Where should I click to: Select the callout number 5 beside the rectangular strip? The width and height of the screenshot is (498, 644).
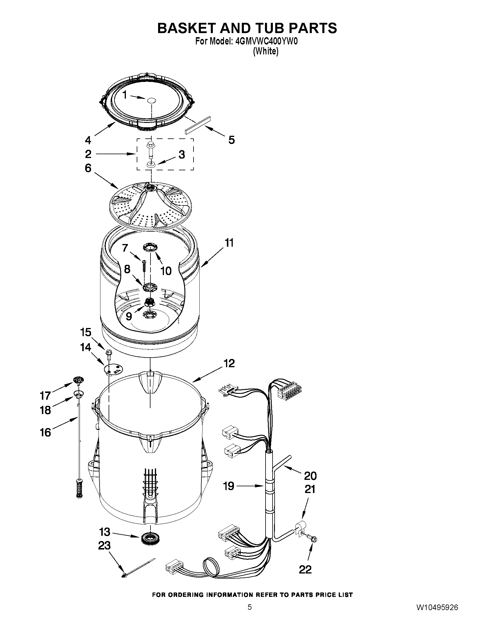[x=231, y=140]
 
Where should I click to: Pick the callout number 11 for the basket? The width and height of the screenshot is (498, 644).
[x=229, y=243]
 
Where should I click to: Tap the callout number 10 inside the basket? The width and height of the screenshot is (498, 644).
[x=166, y=271]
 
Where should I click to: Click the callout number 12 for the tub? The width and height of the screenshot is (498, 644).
[x=229, y=363]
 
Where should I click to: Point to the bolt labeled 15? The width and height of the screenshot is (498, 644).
[x=107, y=353]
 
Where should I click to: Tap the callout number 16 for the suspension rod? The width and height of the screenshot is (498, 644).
[x=45, y=432]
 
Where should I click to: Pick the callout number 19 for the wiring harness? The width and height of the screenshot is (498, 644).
[x=229, y=486]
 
